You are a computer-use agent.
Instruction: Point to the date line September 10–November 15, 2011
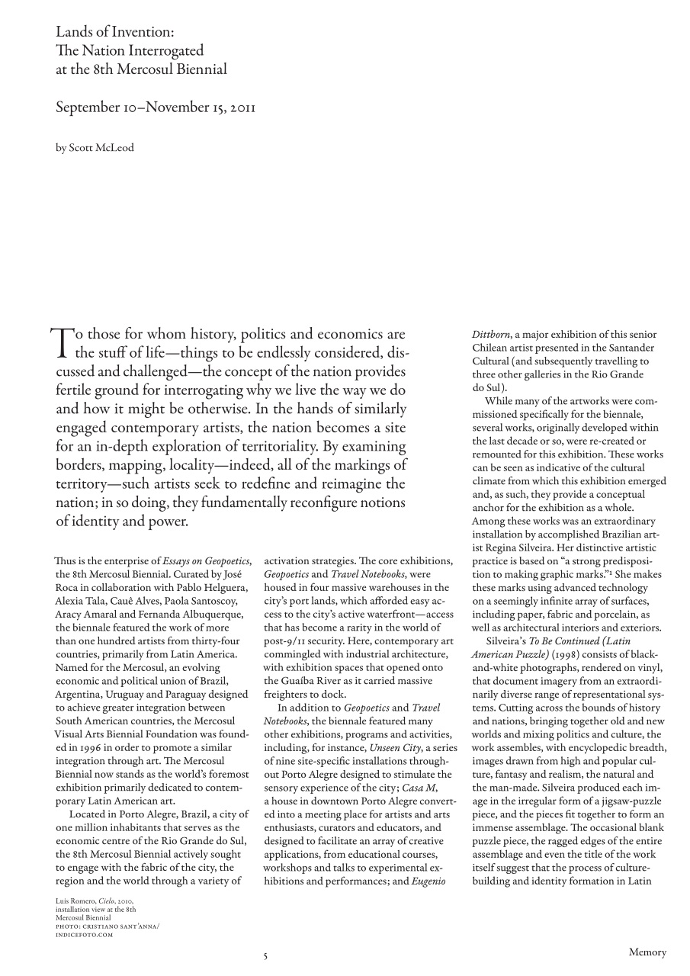click(155, 107)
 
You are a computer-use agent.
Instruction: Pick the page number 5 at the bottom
click(265, 956)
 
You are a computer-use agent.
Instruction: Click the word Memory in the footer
click(647, 952)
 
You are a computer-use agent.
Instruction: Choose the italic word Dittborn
click(491, 334)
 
